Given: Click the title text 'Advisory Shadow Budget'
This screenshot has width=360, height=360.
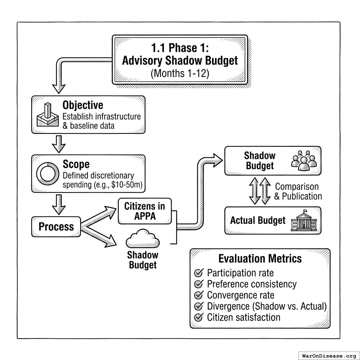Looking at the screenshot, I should (x=180, y=60).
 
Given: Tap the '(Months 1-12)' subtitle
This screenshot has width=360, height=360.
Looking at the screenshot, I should (x=180, y=74).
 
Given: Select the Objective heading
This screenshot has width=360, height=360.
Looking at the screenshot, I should (x=83, y=105).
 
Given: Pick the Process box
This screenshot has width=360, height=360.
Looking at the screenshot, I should (x=56, y=227).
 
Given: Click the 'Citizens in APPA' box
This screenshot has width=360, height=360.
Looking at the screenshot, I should (x=144, y=211).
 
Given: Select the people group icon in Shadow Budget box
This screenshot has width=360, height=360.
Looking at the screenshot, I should (x=304, y=161).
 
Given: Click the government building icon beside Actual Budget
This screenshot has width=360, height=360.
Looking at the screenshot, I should (x=304, y=221).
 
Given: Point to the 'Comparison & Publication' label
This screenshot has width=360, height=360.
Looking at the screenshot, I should (x=298, y=191).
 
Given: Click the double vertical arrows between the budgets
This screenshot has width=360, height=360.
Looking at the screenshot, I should (x=260, y=191).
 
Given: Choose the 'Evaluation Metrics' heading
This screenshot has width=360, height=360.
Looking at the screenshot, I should (x=260, y=259).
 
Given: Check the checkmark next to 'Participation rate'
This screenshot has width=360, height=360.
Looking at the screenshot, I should (x=199, y=273).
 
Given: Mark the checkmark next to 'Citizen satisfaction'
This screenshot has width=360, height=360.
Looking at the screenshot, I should (x=199, y=317).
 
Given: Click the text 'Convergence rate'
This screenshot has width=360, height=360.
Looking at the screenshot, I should (x=240, y=295).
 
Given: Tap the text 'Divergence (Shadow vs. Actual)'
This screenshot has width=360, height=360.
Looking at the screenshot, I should (x=266, y=306).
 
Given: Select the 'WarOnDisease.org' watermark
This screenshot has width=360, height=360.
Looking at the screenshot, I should (x=329, y=356).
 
